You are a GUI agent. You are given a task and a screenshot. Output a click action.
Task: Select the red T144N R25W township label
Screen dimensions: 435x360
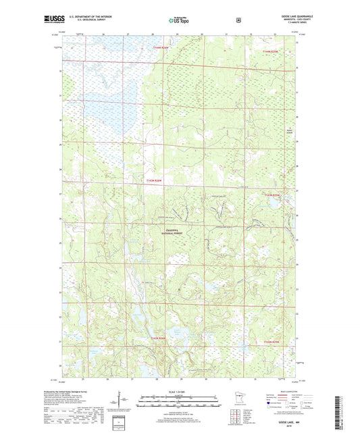(269, 51)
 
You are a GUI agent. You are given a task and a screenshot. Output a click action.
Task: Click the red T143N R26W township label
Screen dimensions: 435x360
(155, 180)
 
